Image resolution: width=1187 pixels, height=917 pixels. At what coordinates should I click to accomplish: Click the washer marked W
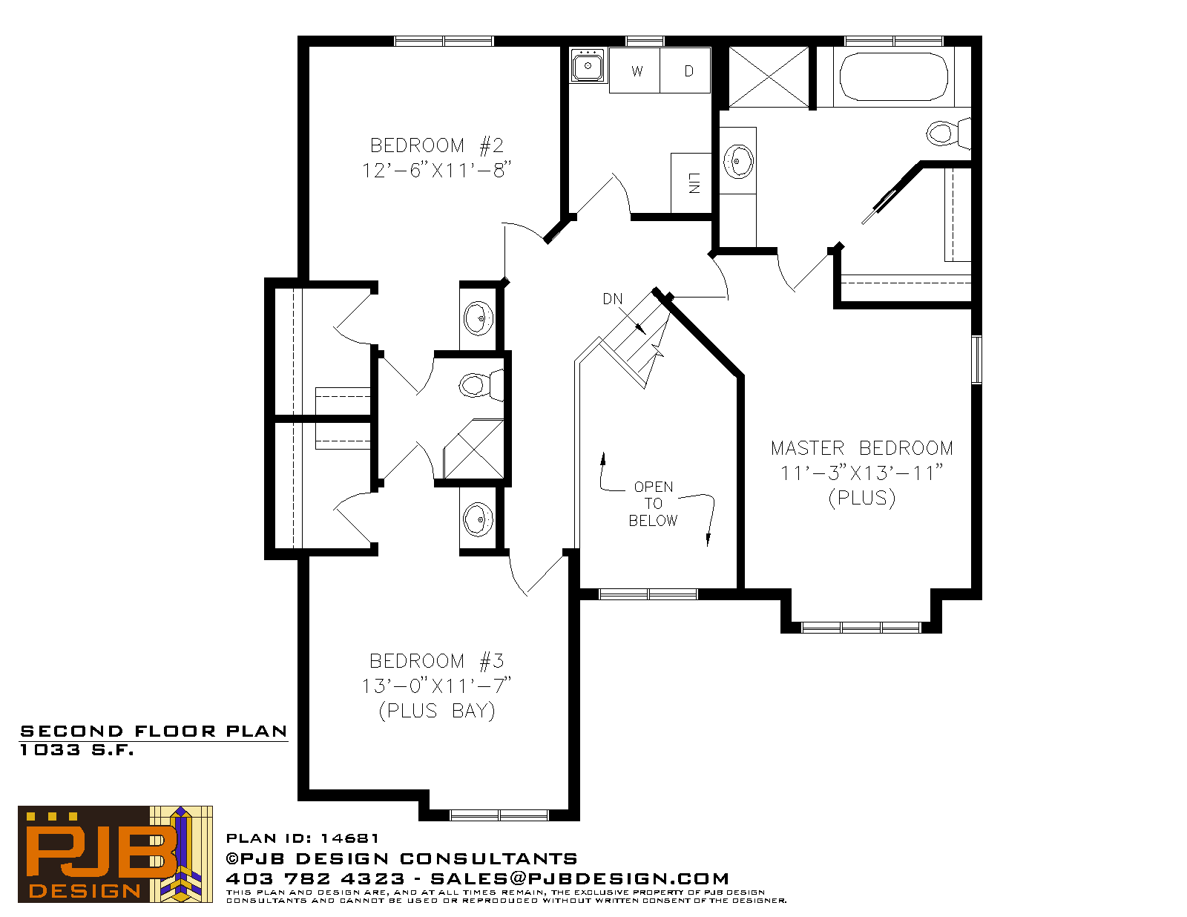(x=635, y=70)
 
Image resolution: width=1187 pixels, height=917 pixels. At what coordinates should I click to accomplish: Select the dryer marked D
(x=685, y=70)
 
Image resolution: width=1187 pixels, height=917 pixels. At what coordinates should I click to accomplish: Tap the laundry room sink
(x=588, y=65)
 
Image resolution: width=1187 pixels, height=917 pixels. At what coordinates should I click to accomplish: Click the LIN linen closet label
(x=694, y=183)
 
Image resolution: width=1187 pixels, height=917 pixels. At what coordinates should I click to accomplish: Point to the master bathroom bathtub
(x=894, y=76)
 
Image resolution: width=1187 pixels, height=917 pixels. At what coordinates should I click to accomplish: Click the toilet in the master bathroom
(x=949, y=133)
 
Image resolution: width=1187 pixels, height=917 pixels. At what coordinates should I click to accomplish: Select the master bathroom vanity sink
(x=738, y=161)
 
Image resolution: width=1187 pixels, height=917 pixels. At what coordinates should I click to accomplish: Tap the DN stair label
(x=612, y=299)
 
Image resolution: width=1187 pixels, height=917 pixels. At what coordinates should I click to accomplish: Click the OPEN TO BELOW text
(x=654, y=504)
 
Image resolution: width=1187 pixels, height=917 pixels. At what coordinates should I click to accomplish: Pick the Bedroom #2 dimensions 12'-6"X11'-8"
(x=436, y=171)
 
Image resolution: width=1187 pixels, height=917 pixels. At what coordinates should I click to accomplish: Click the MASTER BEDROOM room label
(x=861, y=448)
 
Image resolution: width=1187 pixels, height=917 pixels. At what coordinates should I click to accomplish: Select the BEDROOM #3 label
(x=436, y=661)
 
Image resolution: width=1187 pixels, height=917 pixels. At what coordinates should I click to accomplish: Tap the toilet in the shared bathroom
(x=481, y=385)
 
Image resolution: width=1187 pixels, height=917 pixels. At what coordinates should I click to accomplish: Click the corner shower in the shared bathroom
(x=473, y=449)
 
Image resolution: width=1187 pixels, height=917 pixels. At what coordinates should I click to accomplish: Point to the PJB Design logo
(x=115, y=854)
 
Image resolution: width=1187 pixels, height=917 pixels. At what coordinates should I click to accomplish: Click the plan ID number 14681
(x=349, y=838)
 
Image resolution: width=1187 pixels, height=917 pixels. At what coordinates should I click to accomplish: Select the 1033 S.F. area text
(x=77, y=750)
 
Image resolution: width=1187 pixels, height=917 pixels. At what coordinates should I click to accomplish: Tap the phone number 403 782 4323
(x=315, y=878)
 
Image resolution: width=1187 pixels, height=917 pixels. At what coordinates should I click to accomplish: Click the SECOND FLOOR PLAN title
(x=154, y=732)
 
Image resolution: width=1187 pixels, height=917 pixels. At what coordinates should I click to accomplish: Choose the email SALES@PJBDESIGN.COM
(x=579, y=878)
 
